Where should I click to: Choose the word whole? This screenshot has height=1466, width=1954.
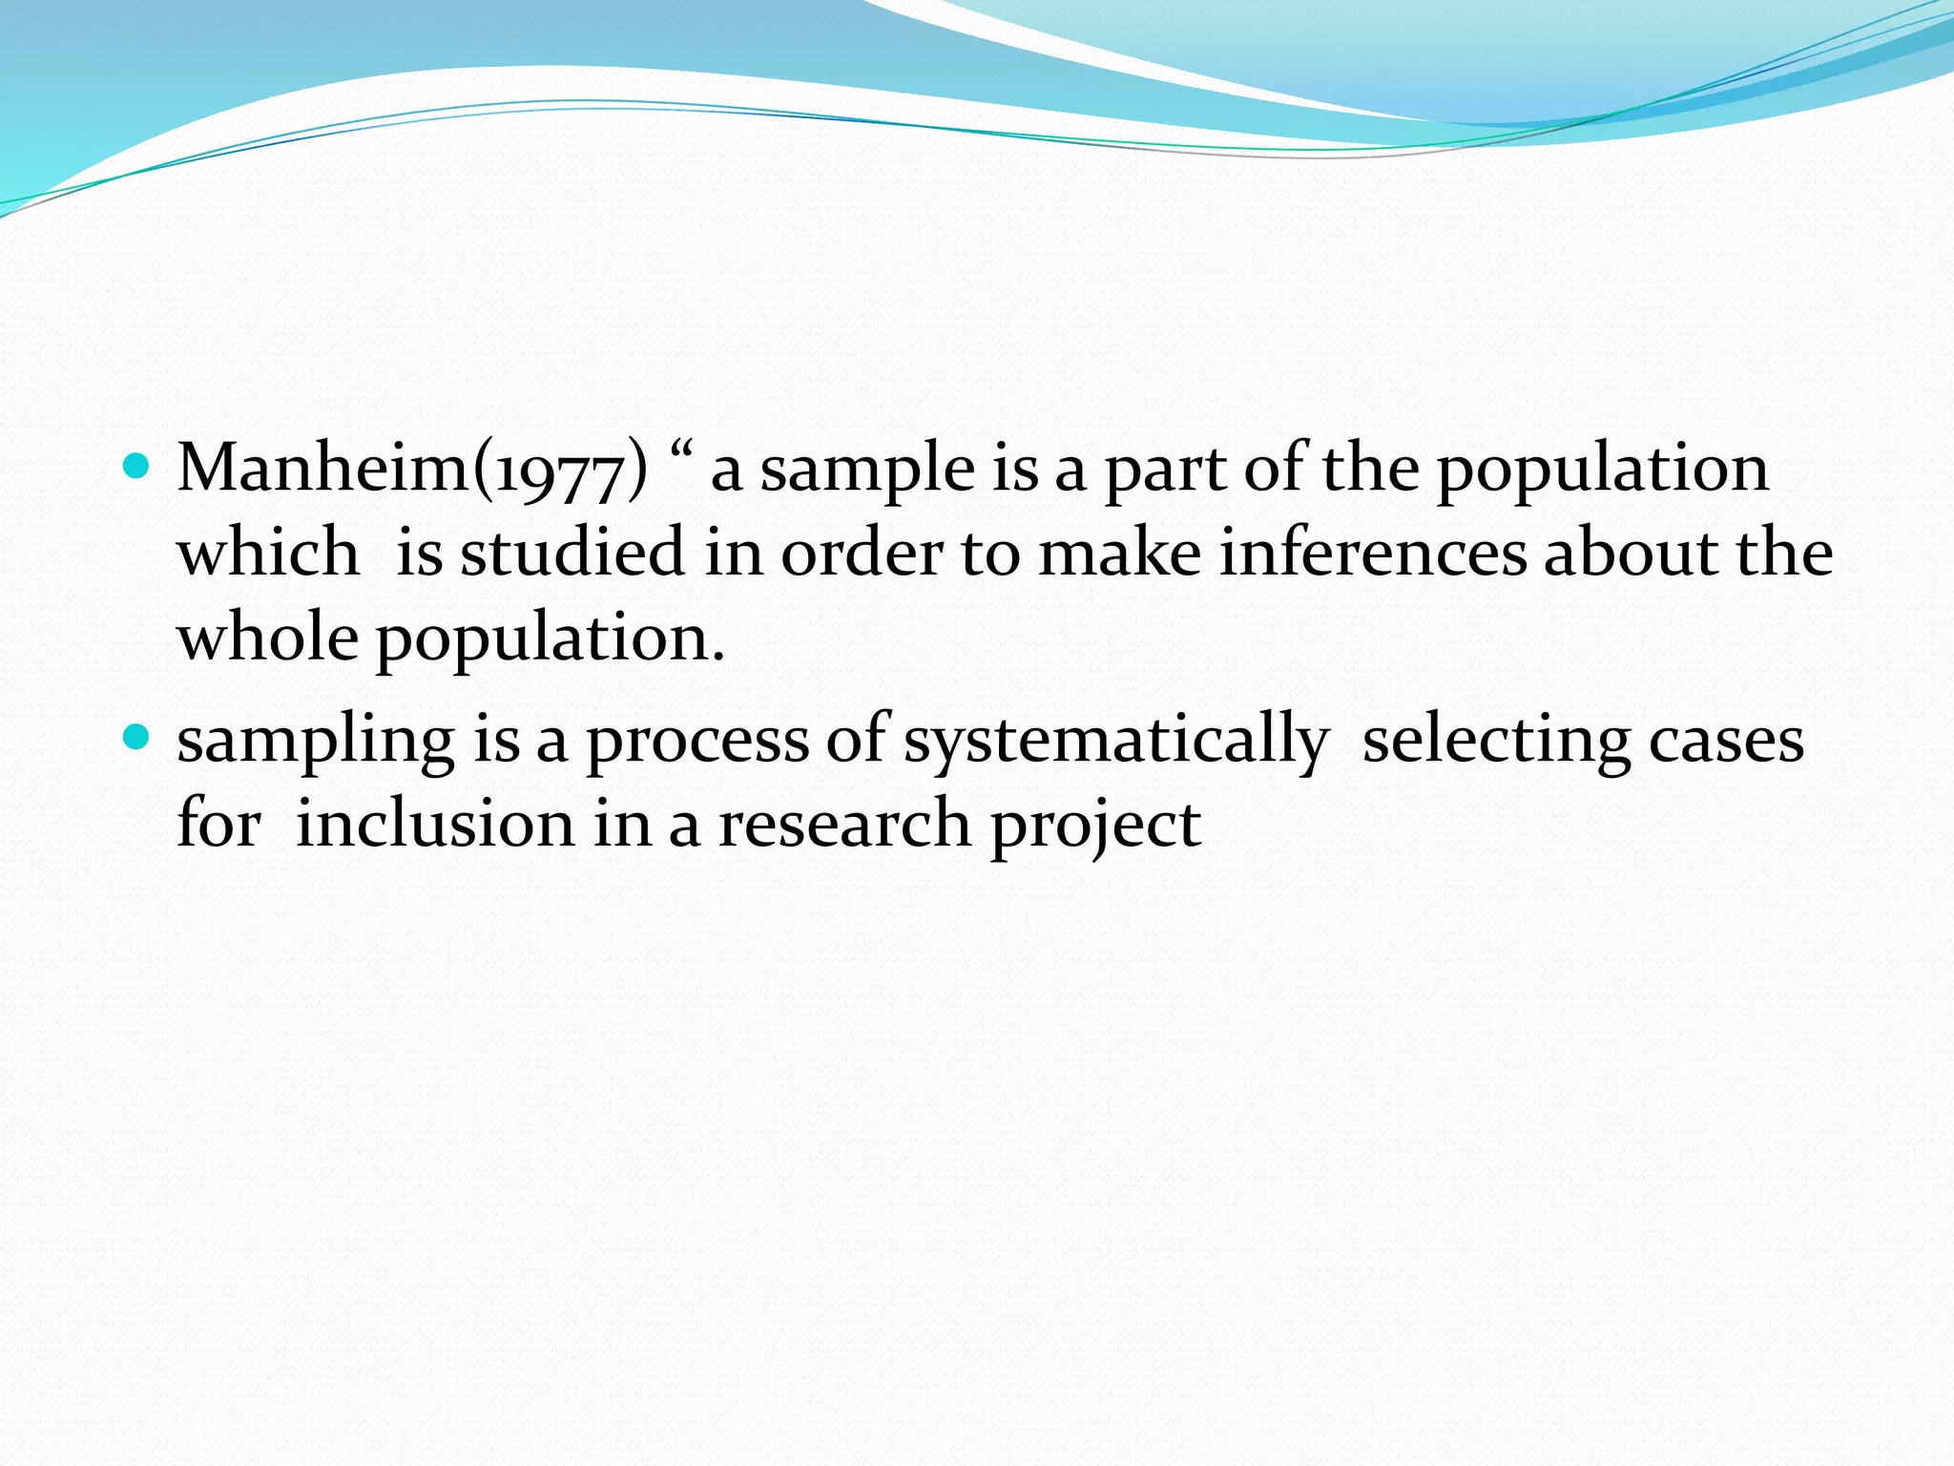point(268,637)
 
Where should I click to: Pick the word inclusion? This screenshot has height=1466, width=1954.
point(435,823)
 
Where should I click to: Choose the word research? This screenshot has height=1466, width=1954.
point(844,823)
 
